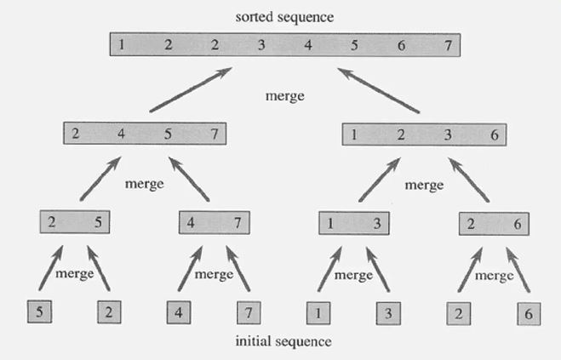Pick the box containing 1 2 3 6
point(424,134)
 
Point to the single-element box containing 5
point(40,312)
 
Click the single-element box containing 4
point(179,312)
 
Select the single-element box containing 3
point(388,312)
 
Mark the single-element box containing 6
point(530,312)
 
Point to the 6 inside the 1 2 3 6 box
point(493,134)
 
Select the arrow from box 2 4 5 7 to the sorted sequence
point(192,89)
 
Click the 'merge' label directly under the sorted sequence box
point(284,96)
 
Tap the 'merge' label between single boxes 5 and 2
point(74,274)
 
